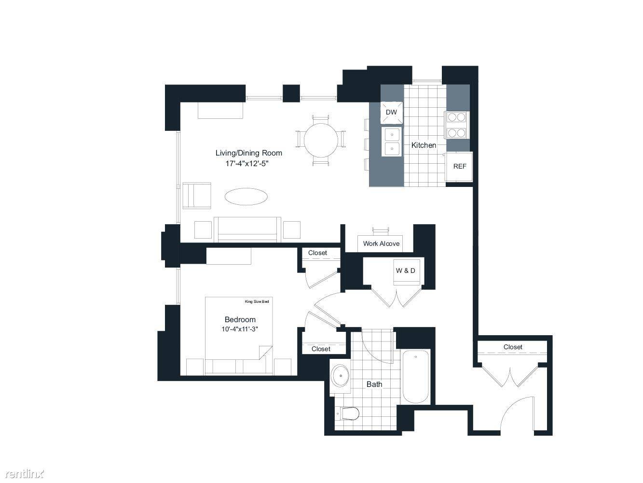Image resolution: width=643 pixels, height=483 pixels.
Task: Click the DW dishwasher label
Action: (391, 112)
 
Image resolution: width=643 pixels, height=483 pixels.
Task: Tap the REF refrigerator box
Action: (459, 166)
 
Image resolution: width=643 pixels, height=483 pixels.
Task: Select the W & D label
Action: (405, 270)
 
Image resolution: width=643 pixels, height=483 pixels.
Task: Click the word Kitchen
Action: (424, 145)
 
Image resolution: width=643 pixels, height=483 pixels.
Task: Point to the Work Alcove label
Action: (381, 243)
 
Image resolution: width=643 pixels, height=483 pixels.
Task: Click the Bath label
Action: (374, 384)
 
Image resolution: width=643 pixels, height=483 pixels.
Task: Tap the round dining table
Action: (321, 141)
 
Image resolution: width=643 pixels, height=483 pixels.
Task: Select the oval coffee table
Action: (246, 197)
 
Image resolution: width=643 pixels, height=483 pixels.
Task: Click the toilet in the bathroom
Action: (347, 413)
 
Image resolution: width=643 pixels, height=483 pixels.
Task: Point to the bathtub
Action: (416, 377)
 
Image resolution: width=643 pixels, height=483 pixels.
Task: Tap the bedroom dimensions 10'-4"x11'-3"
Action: (240, 329)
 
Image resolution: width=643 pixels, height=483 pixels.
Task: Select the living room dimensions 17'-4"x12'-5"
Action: (247, 163)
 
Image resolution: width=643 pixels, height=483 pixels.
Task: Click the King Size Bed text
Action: (257, 301)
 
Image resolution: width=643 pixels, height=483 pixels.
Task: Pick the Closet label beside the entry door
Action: (513, 347)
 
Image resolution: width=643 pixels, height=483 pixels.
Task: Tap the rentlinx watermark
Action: (25, 474)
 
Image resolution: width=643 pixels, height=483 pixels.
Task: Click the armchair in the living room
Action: (197, 196)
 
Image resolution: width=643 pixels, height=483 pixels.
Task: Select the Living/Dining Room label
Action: (249, 153)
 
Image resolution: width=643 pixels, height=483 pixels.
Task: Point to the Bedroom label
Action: (240, 319)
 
